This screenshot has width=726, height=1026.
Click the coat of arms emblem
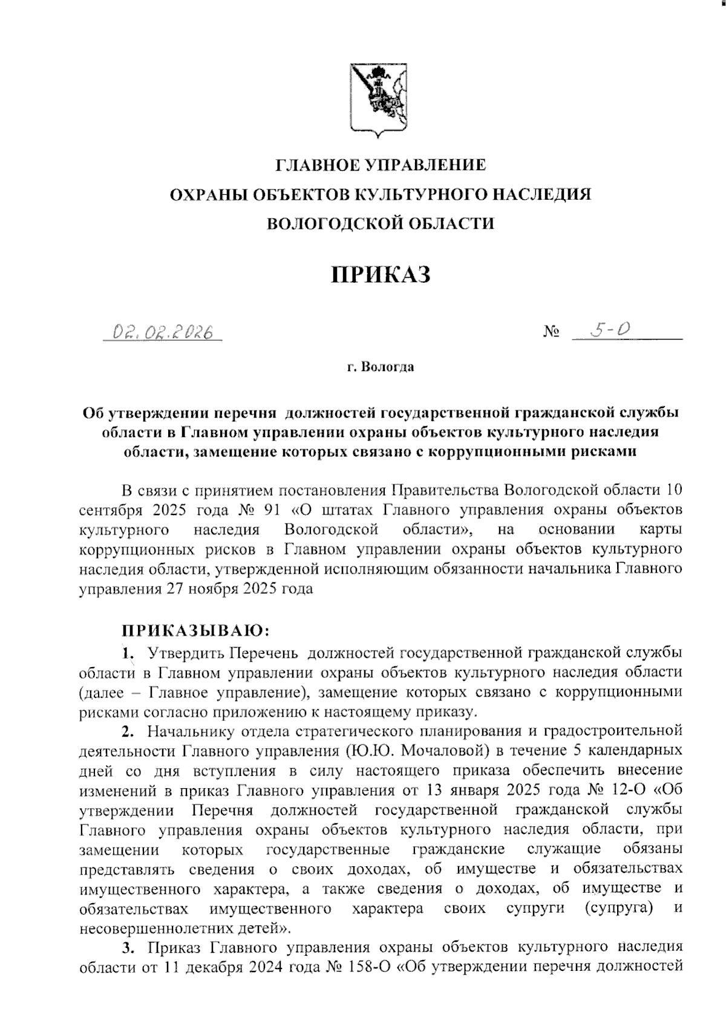point(379,100)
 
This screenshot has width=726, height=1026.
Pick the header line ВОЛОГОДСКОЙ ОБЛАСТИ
point(381,223)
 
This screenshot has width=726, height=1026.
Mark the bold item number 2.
point(127,732)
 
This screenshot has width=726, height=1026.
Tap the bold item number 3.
point(127,947)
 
